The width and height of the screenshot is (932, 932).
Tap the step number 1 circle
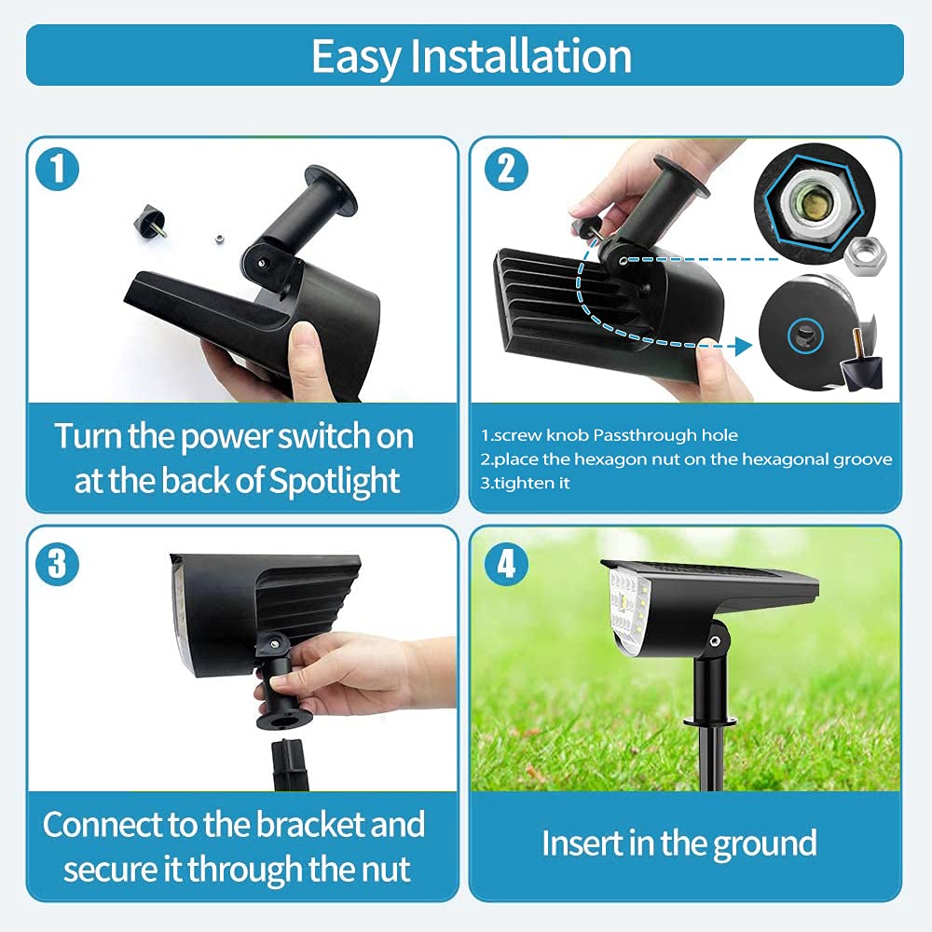pyautogui.click(x=58, y=171)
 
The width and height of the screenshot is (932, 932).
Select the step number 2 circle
pyautogui.click(x=506, y=169)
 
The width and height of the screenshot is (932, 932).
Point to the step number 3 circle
pyautogui.click(x=58, y=565)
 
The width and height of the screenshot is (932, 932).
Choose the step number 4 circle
pyautogui.click(x=506, y=565)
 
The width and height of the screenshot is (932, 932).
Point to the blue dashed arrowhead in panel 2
pyautogui.click(x=743, y=346)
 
